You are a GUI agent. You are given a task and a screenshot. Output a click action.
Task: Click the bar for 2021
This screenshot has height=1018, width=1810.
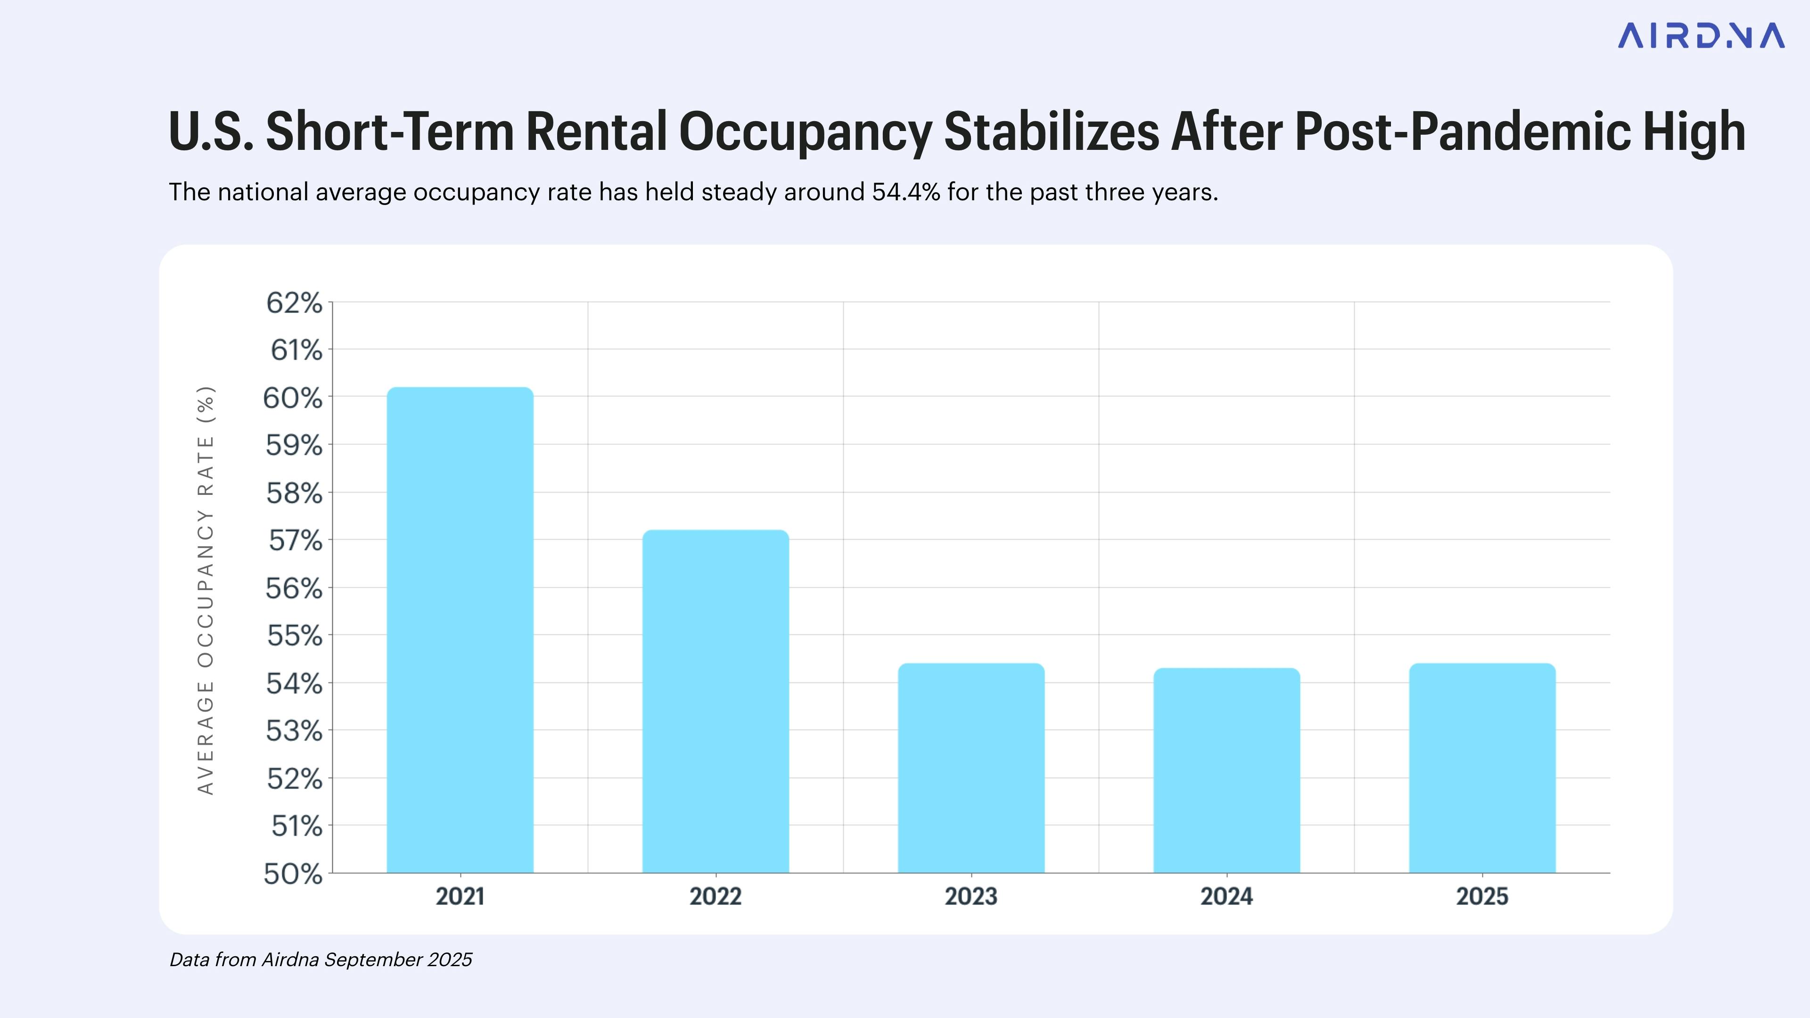click(460, 630)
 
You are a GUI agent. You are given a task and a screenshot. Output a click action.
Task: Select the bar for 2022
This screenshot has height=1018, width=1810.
click(716, 701)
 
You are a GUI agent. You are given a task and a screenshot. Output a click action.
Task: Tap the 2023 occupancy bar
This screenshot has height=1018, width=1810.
click(971, 768)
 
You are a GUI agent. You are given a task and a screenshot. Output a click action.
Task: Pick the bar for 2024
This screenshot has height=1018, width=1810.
click(1227, 770)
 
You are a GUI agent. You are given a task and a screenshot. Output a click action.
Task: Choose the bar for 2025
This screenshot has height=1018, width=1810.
click(1482, 768)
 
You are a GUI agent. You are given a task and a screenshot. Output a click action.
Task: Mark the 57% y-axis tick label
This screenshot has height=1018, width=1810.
click(295, 541)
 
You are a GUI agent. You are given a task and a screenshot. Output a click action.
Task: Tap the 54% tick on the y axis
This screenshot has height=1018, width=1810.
click(294, 683)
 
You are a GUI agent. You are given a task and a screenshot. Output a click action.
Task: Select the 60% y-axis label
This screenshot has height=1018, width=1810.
click(292, 398)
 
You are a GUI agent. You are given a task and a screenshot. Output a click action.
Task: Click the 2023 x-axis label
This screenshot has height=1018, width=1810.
click(971, 896)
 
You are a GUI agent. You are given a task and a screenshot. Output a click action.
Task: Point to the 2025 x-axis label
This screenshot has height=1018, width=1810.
click(1482, 896)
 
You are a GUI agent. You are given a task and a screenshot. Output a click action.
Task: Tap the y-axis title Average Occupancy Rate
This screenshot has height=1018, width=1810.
click(205, 590)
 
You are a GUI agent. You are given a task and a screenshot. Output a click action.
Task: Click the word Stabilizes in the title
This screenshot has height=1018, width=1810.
click(1051, 132)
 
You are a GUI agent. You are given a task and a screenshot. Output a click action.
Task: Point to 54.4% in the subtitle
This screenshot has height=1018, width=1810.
click(905, 192)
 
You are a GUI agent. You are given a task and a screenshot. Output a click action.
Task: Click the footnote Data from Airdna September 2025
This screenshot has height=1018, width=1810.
click(321, 960)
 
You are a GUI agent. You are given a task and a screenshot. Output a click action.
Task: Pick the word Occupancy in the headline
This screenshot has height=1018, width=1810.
click(805, 132)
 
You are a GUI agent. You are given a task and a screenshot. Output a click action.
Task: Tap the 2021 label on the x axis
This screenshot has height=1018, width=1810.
click(460, 896)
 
